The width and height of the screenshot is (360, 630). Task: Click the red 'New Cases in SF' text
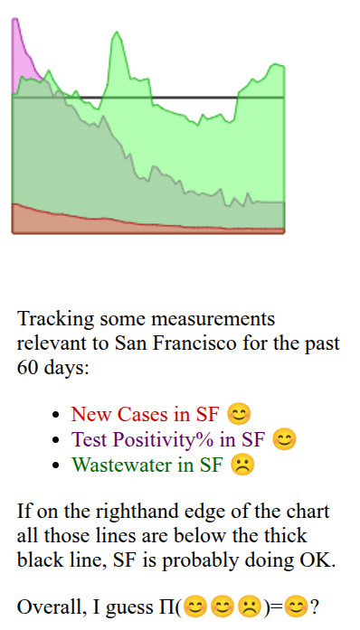pos(145,415)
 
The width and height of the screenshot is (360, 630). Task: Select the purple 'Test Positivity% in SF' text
pos(168,440)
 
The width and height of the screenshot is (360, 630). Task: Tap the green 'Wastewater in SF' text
pos(147,465)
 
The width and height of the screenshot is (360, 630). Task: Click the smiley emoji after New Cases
pos(239,415)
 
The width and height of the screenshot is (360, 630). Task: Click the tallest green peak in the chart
pos(115,36)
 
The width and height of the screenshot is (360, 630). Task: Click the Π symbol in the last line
pos(175,606)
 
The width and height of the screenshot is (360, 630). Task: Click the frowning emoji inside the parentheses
pos(249,606)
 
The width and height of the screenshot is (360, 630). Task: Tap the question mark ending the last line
pos(314,606)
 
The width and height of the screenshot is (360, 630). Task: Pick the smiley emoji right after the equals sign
pos(296,606)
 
